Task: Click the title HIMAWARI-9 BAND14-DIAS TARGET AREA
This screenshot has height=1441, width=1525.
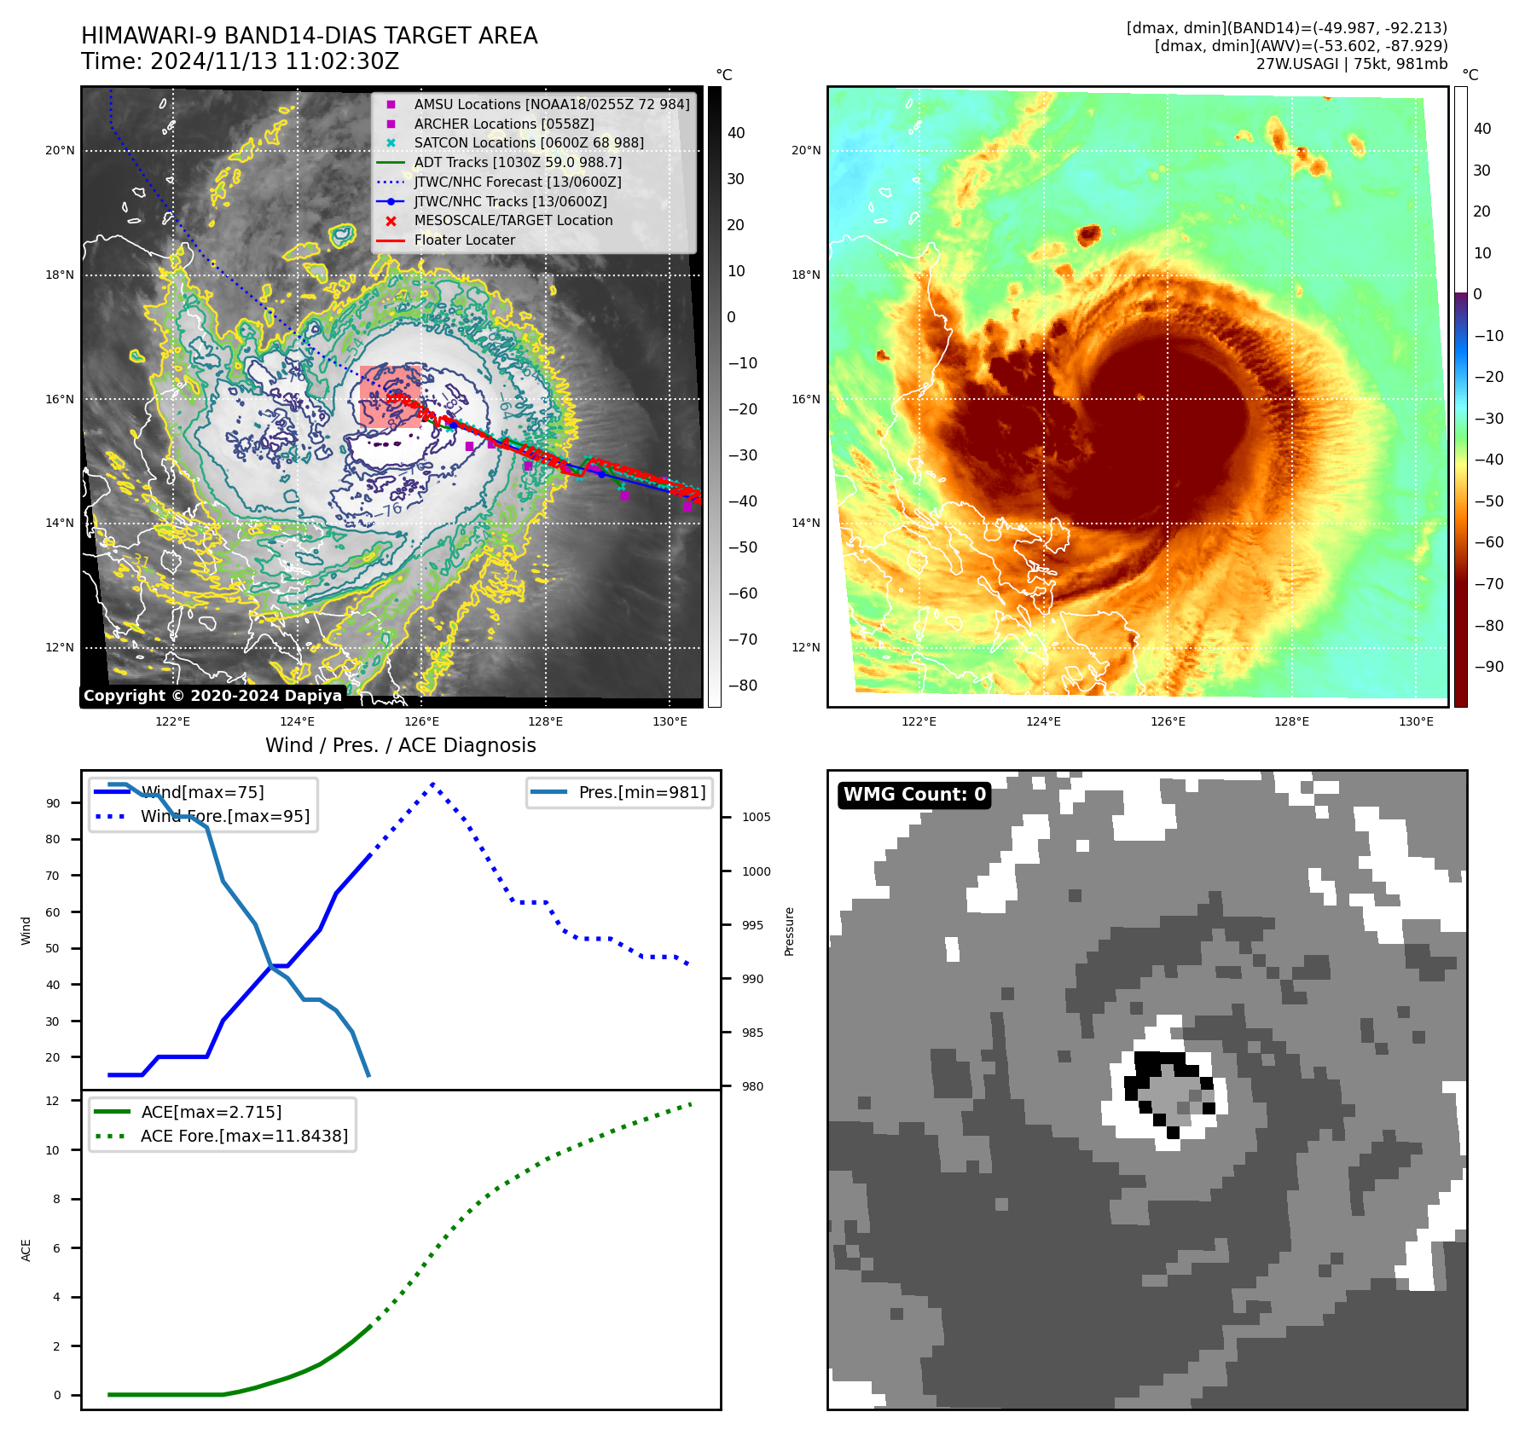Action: coord(309,36)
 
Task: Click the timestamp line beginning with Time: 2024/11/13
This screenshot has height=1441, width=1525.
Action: coord(240,61)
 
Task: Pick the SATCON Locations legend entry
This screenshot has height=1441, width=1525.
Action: coord(528,142)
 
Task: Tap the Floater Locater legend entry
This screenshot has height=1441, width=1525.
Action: coord(464,240)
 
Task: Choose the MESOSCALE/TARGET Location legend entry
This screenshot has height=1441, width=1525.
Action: coord(513,220)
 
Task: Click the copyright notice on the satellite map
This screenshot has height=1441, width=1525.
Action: coord(212,696)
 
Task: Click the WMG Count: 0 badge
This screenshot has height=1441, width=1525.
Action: coord(914,795)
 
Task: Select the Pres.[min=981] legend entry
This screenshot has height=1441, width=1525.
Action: coord(641,792)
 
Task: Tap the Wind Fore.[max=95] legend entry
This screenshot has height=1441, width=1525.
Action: coord(224,816)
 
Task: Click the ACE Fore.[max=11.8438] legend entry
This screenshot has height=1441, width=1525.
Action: coord(244,1136)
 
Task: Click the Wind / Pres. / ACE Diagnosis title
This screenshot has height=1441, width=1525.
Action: coord(400,745)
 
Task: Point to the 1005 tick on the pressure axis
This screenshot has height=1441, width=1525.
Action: coord(756,817)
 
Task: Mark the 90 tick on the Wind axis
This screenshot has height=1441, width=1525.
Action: coord(54,803)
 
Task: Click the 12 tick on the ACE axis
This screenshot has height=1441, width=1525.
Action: coord(53,1101)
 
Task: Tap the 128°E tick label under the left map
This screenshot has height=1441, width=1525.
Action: coord(545,721)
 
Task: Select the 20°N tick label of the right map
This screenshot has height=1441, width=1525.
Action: coord(806,151)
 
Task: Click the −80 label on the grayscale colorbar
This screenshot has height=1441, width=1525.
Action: coord(742,686)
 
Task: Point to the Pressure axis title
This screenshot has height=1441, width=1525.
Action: coord(790,931)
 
